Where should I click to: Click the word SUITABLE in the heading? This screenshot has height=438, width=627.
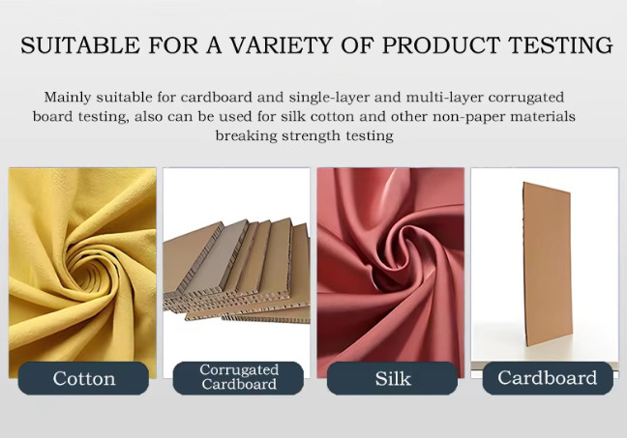click(x=80, y=44)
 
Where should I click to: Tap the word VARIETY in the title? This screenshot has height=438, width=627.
click(x=282, y=44)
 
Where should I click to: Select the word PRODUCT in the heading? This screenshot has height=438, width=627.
click(x=441, y=44)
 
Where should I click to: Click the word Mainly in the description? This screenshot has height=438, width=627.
click(x=70, y=98)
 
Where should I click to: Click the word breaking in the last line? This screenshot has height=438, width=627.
click(x=247, y=136)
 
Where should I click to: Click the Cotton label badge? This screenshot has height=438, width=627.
click(x=83, y=378)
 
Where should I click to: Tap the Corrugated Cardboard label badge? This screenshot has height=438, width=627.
click(x=238, y=378)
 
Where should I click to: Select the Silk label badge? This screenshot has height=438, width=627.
click(x=392, y=378)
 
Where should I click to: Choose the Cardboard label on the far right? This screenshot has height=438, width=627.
click(x=548, y=378)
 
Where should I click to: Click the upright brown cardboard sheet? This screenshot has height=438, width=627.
click(x=547, y=265)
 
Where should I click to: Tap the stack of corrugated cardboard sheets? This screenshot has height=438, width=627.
click(x=237, y=272)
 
